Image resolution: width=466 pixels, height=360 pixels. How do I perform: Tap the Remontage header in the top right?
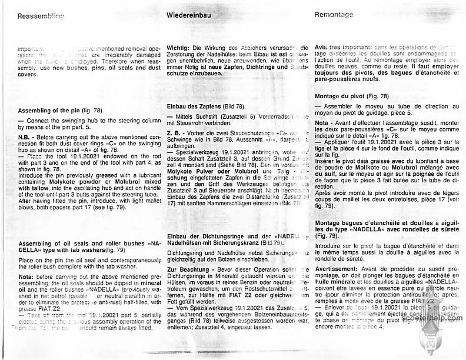click(x=334, y=14)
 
